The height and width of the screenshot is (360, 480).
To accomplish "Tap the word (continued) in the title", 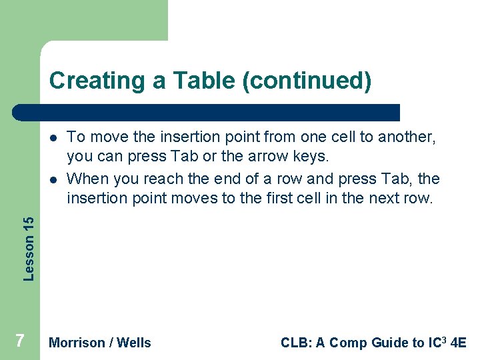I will pyautogui.click(x=307, y=81).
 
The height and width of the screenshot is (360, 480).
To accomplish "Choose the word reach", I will pyautogui.click(x=165, y=179).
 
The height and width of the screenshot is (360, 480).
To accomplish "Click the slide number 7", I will pyautogui.click(x=20, y=341).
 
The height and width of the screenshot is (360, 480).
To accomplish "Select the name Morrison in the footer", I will pyautogui.click(x=77, y=343).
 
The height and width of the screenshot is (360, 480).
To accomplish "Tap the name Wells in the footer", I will pyautogui.click(x=134, y=343).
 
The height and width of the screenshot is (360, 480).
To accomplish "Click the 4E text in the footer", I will pyautogui.click(x=459, y=343).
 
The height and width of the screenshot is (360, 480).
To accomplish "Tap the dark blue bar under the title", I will pyautogui.click(x=207, y=112).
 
